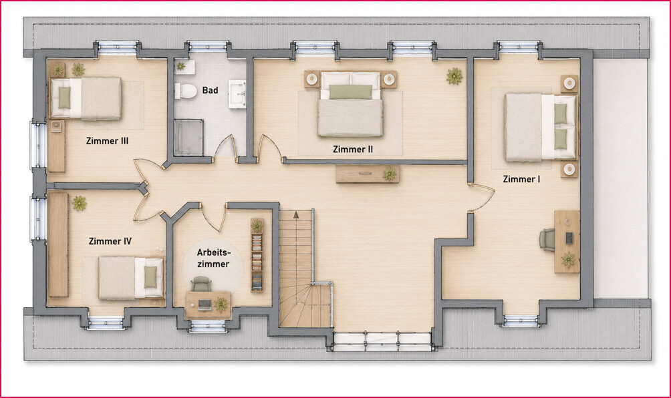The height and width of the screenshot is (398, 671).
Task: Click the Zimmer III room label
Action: [107, 141]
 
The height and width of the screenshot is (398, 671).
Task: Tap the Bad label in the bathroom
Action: [210, 90]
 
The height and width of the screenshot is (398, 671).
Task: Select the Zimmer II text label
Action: [353, 149]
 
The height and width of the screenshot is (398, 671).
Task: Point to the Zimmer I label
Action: [521, 179]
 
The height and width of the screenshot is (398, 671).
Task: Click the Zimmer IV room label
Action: [110, 241]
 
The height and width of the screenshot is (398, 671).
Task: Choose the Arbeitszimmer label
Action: [213, 258]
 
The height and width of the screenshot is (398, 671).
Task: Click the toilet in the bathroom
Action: [184, 91]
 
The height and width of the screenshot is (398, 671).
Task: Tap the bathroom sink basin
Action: [237, 93]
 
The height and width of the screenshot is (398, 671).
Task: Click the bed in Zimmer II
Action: [350, 104]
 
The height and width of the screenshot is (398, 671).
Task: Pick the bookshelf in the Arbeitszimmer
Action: [257, 255]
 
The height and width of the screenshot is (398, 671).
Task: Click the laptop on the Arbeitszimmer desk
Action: [205, 305]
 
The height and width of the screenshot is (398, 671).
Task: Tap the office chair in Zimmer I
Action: [547, 239]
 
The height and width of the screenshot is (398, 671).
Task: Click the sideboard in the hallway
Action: [368, 174]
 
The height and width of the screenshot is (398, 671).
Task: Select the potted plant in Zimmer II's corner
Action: [454, 76]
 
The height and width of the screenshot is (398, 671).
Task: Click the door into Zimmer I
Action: [483, 198]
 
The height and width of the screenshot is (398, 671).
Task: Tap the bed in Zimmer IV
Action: [131, 278]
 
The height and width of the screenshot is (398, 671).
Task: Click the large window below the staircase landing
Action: [382, 341]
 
